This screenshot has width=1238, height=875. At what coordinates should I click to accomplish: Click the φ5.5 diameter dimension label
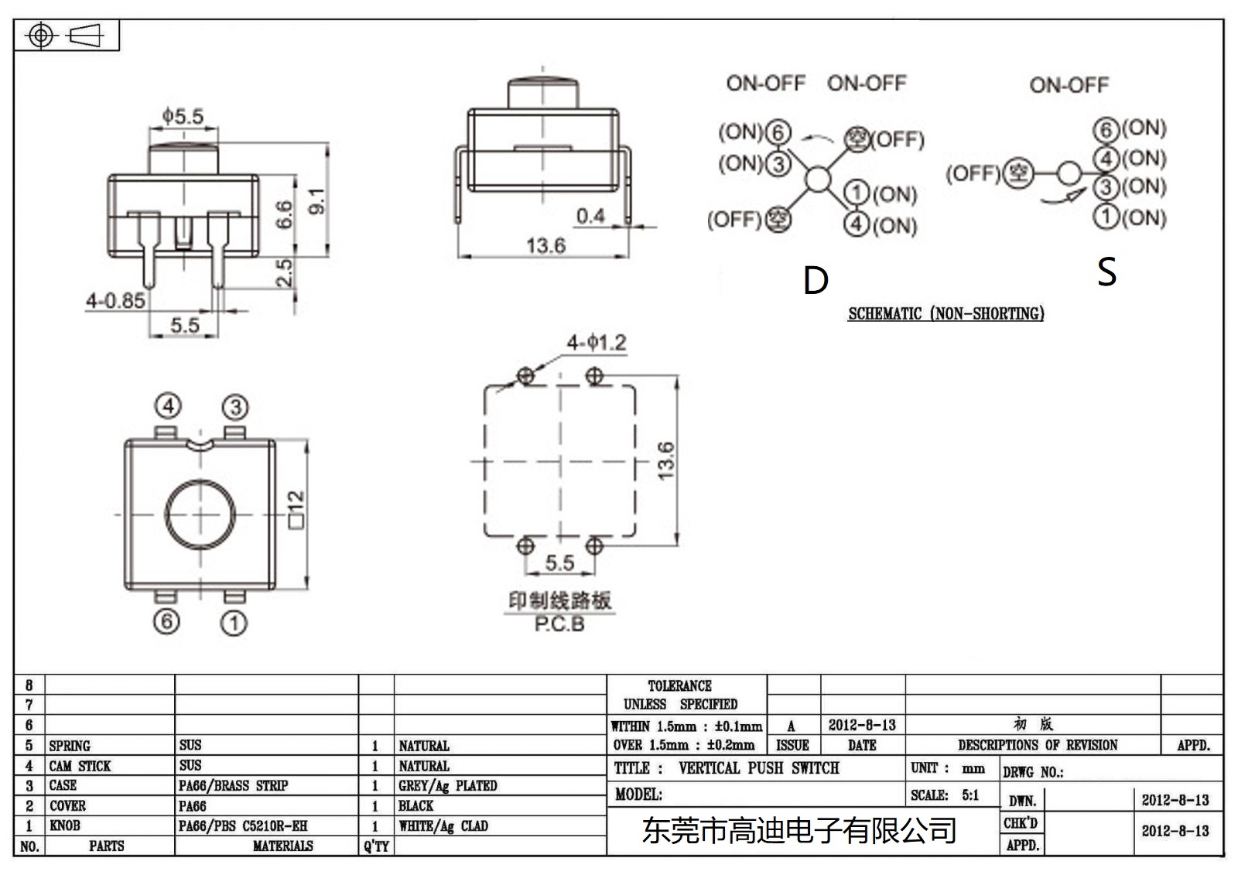coord(183,117)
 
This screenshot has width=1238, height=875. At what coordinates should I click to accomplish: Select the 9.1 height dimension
coord(316,201)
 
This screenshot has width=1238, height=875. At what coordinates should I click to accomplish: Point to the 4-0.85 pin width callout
coord(115,301)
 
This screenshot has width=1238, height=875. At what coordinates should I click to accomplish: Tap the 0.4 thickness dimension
coord(590,216)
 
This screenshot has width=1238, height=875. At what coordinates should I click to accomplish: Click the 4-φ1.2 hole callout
coord(596,343)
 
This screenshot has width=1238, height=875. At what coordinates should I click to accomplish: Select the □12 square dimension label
coord(296,509)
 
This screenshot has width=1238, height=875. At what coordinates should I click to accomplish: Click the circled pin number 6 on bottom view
coord(166,621)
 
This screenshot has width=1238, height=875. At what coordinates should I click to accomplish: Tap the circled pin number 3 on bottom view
coord(235,407)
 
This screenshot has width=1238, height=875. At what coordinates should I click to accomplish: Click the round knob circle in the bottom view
coord(200,514)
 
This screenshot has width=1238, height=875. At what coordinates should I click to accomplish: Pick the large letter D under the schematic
coord(816,281)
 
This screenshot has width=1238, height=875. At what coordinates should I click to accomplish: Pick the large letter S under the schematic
coord(1106,272)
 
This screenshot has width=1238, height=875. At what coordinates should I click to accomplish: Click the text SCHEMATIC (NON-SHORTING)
coord(946,313)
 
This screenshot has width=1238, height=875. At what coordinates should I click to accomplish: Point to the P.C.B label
coord(559,624)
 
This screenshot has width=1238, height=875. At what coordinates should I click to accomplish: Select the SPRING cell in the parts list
coord(70,746)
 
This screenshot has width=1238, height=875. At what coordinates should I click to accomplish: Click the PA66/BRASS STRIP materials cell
coord(233,786)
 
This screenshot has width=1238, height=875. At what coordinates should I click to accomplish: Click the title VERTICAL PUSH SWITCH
coord(758,768)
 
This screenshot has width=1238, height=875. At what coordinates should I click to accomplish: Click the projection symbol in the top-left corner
coord(66,36)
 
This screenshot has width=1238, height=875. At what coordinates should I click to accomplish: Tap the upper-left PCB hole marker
coord(525,376)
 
